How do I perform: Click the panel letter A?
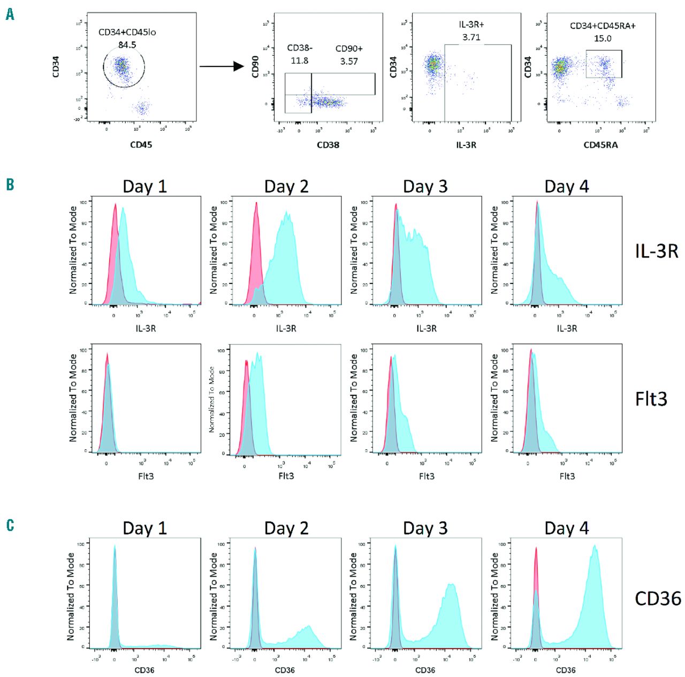pos(10,15)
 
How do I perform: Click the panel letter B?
pos(10,185)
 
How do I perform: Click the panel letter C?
pos(10,525)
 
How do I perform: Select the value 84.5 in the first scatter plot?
pos(127,45)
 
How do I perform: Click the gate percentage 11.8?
pos(300,60)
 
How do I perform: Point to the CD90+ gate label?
pos(349,49)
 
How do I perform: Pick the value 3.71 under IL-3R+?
pos(471,37)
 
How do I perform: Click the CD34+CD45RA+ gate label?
pos(603,26)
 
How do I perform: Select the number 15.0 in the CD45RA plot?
pos(603,39)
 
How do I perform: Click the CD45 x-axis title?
pos(141,144)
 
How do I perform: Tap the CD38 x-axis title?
pos(328,144)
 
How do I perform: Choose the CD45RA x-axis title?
pos(600,144)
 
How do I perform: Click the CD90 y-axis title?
pos(255,67)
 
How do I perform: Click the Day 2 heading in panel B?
pos(286,187)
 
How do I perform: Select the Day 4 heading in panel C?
pos(567,528)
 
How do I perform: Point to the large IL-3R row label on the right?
pos(657,251)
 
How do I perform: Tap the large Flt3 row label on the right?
pos(651,399)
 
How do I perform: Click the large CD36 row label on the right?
pos(658,598)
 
